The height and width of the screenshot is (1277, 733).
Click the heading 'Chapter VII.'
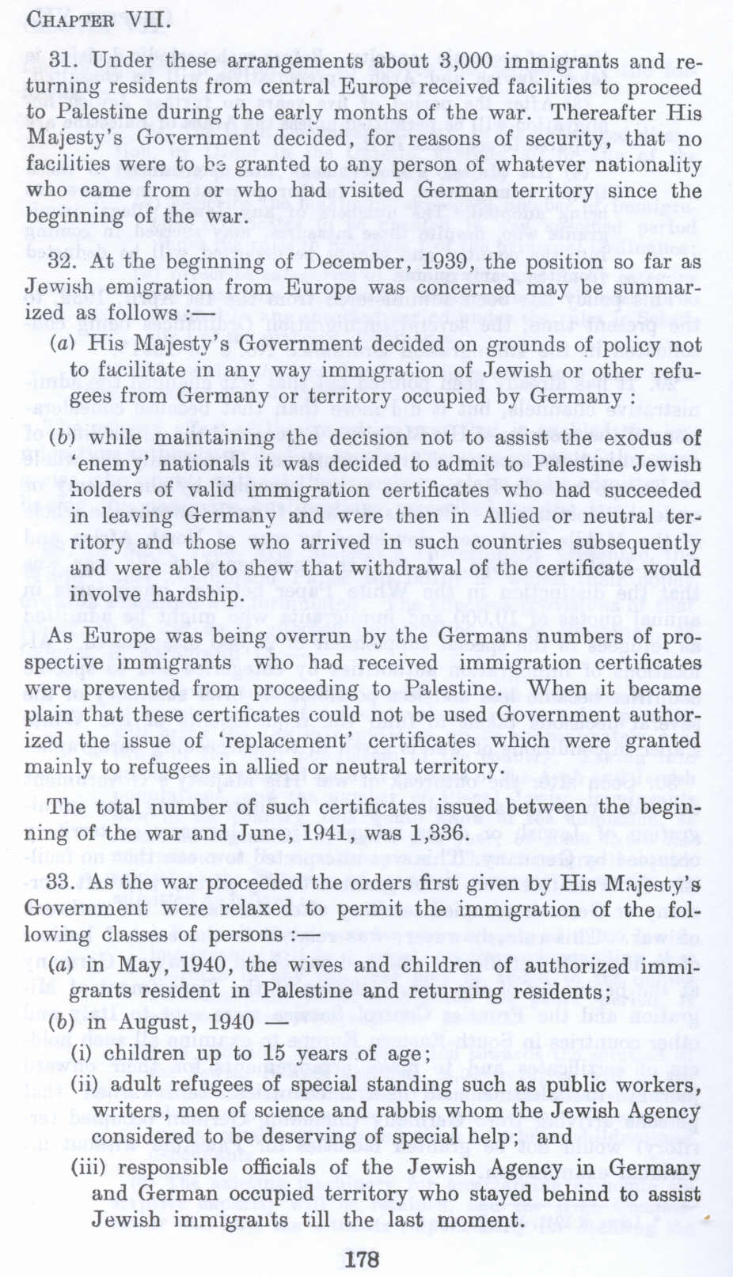(97, 18)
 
